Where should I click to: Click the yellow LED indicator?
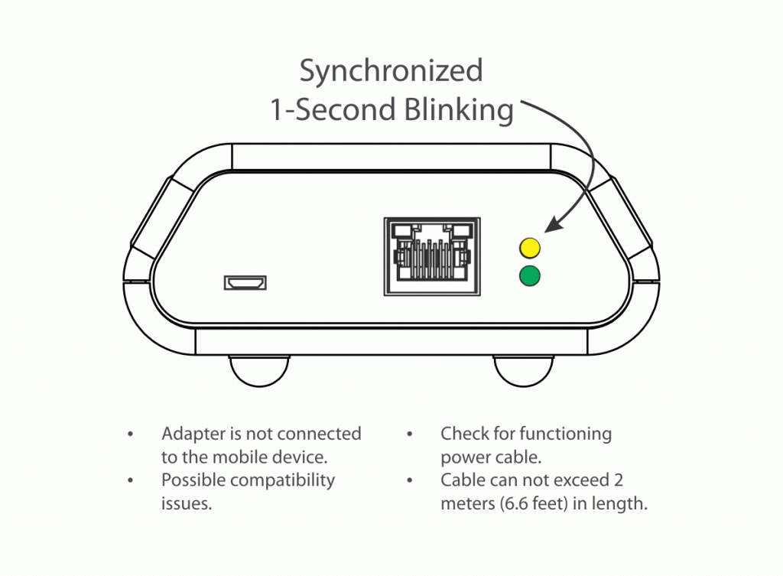[529, 248]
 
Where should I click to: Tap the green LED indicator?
[529, 275]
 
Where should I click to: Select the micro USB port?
[245, 283]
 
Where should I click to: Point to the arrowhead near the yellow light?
[553, 223]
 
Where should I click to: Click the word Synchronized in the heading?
[391, 71]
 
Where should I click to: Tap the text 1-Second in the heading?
[333, 110]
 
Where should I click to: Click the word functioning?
[566, 434]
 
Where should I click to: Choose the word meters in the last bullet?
[466, 504]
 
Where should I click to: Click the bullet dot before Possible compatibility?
[131, 481]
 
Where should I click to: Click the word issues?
[186, 504]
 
